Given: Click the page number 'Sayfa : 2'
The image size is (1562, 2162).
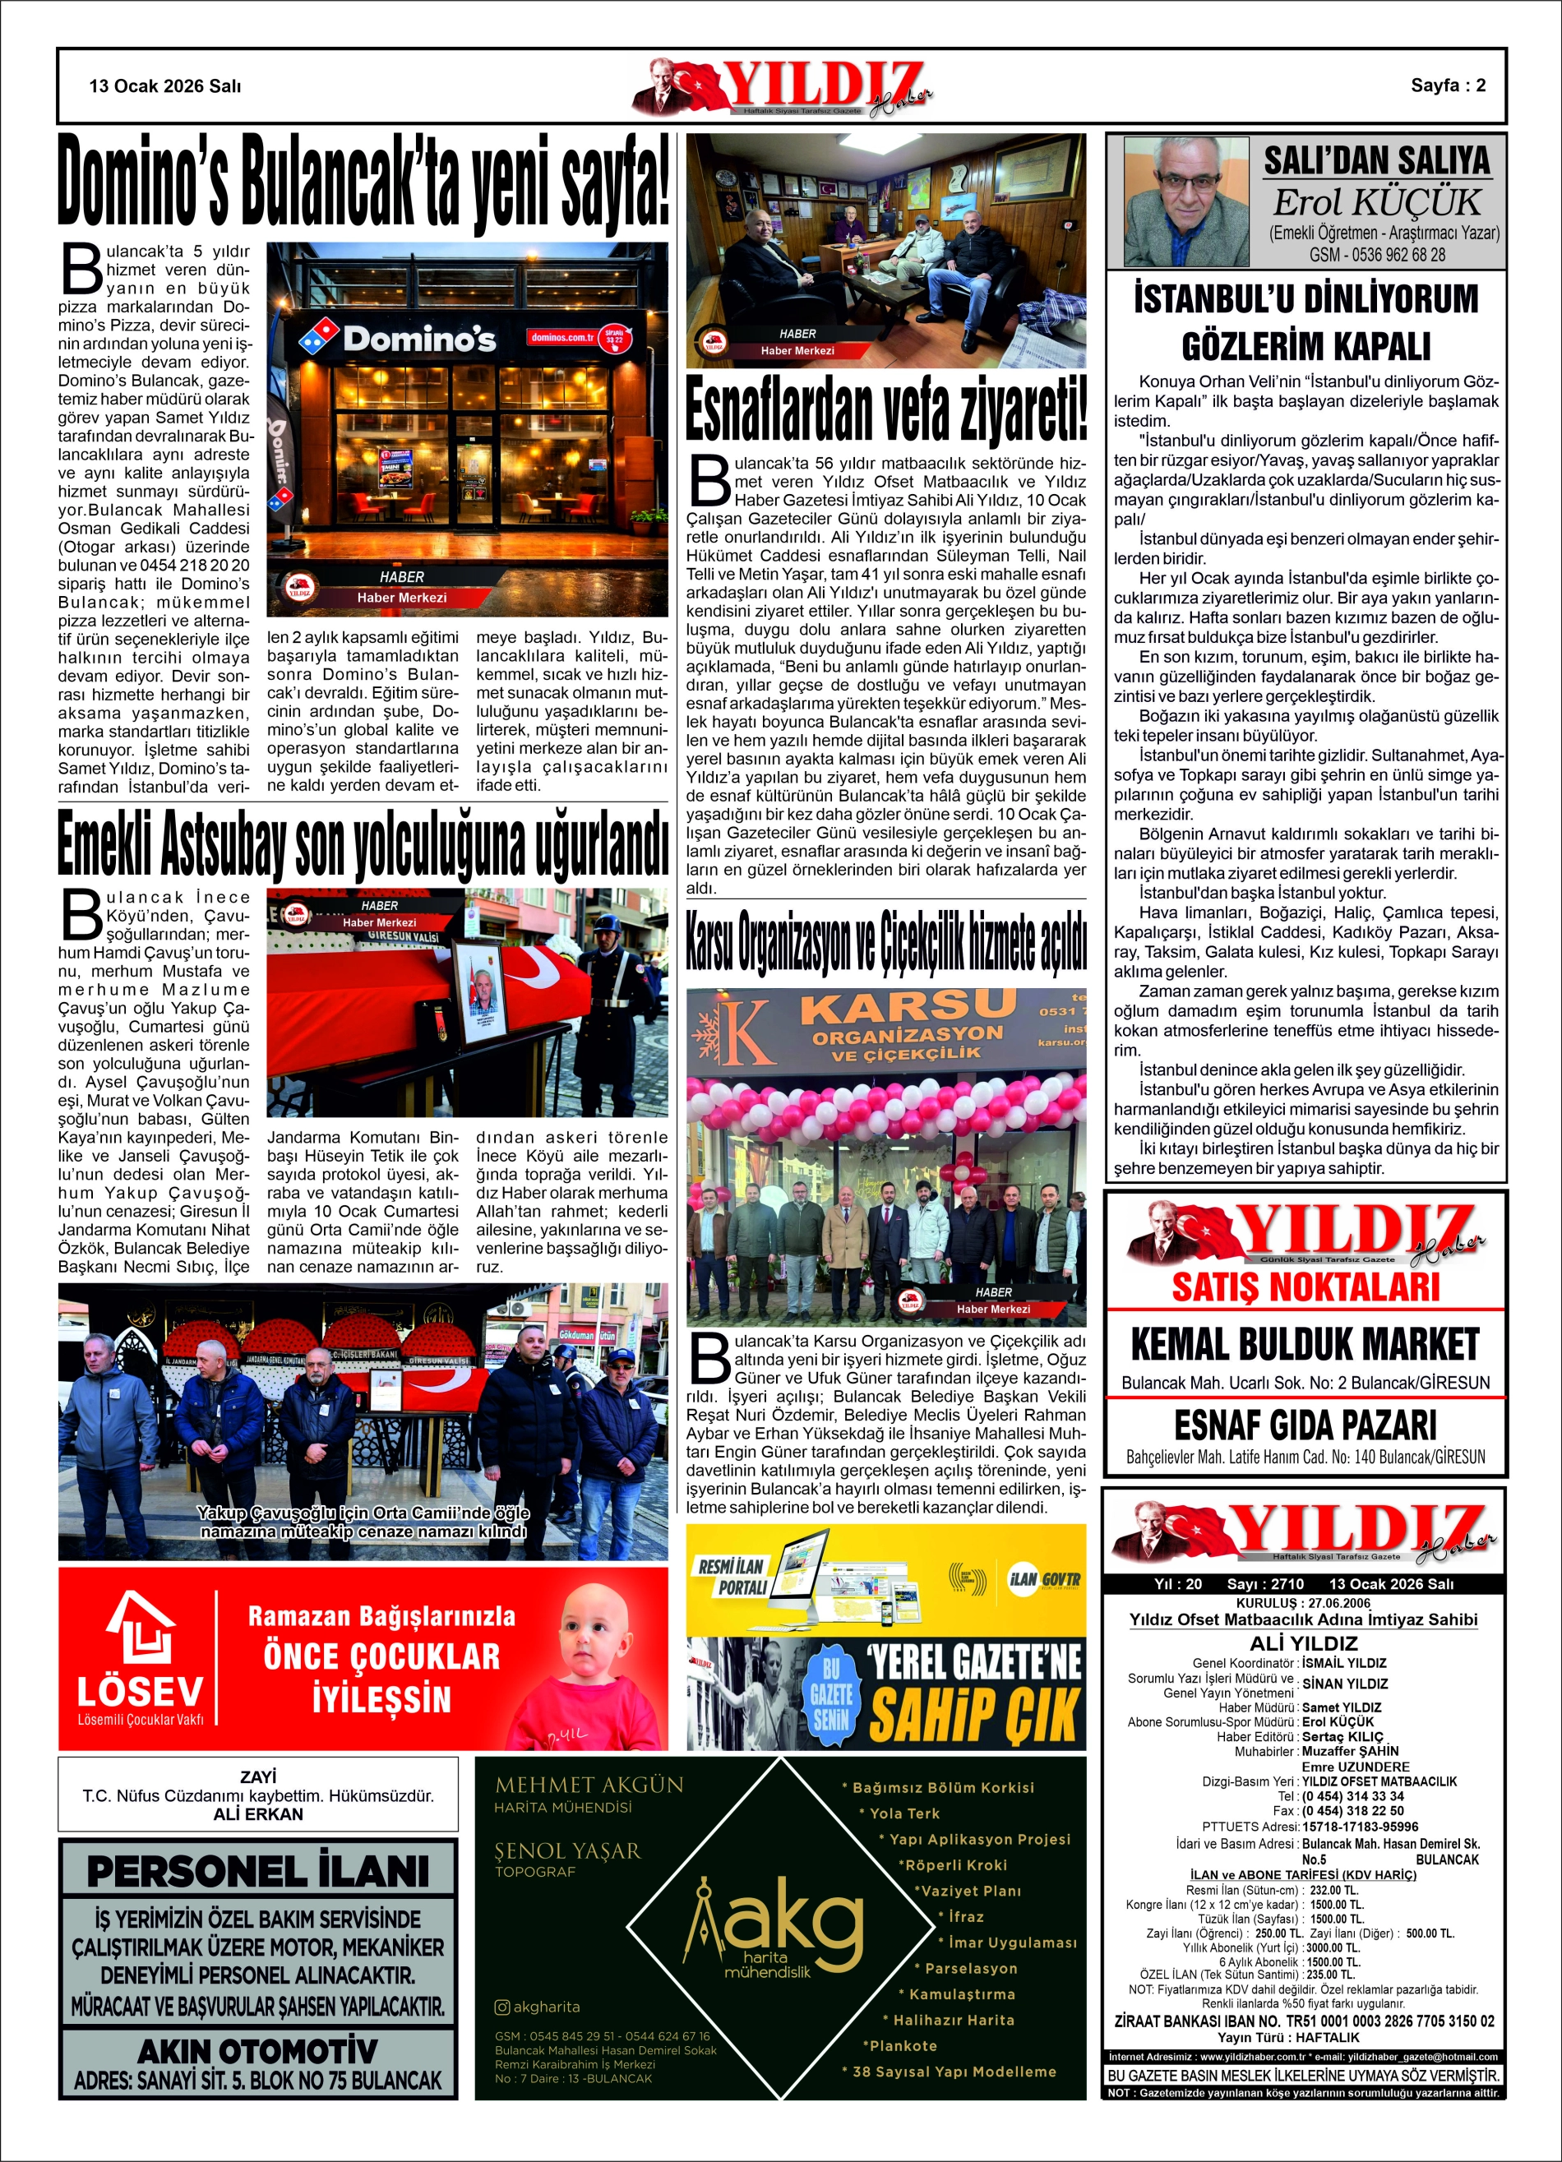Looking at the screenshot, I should pos(1447,85).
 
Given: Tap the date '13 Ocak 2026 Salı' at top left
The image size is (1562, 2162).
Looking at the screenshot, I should pos(165,85).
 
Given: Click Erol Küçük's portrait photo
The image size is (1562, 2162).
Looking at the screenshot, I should pos(1185,201).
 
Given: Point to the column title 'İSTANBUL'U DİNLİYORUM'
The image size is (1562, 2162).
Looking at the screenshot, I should pos(1306,299).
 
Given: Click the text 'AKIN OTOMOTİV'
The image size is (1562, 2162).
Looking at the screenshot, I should pos(257,2049).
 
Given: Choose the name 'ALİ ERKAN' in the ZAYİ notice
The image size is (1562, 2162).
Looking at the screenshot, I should pos(257,1814).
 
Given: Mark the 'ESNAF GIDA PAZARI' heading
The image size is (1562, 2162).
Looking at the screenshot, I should pos(1305,1425).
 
